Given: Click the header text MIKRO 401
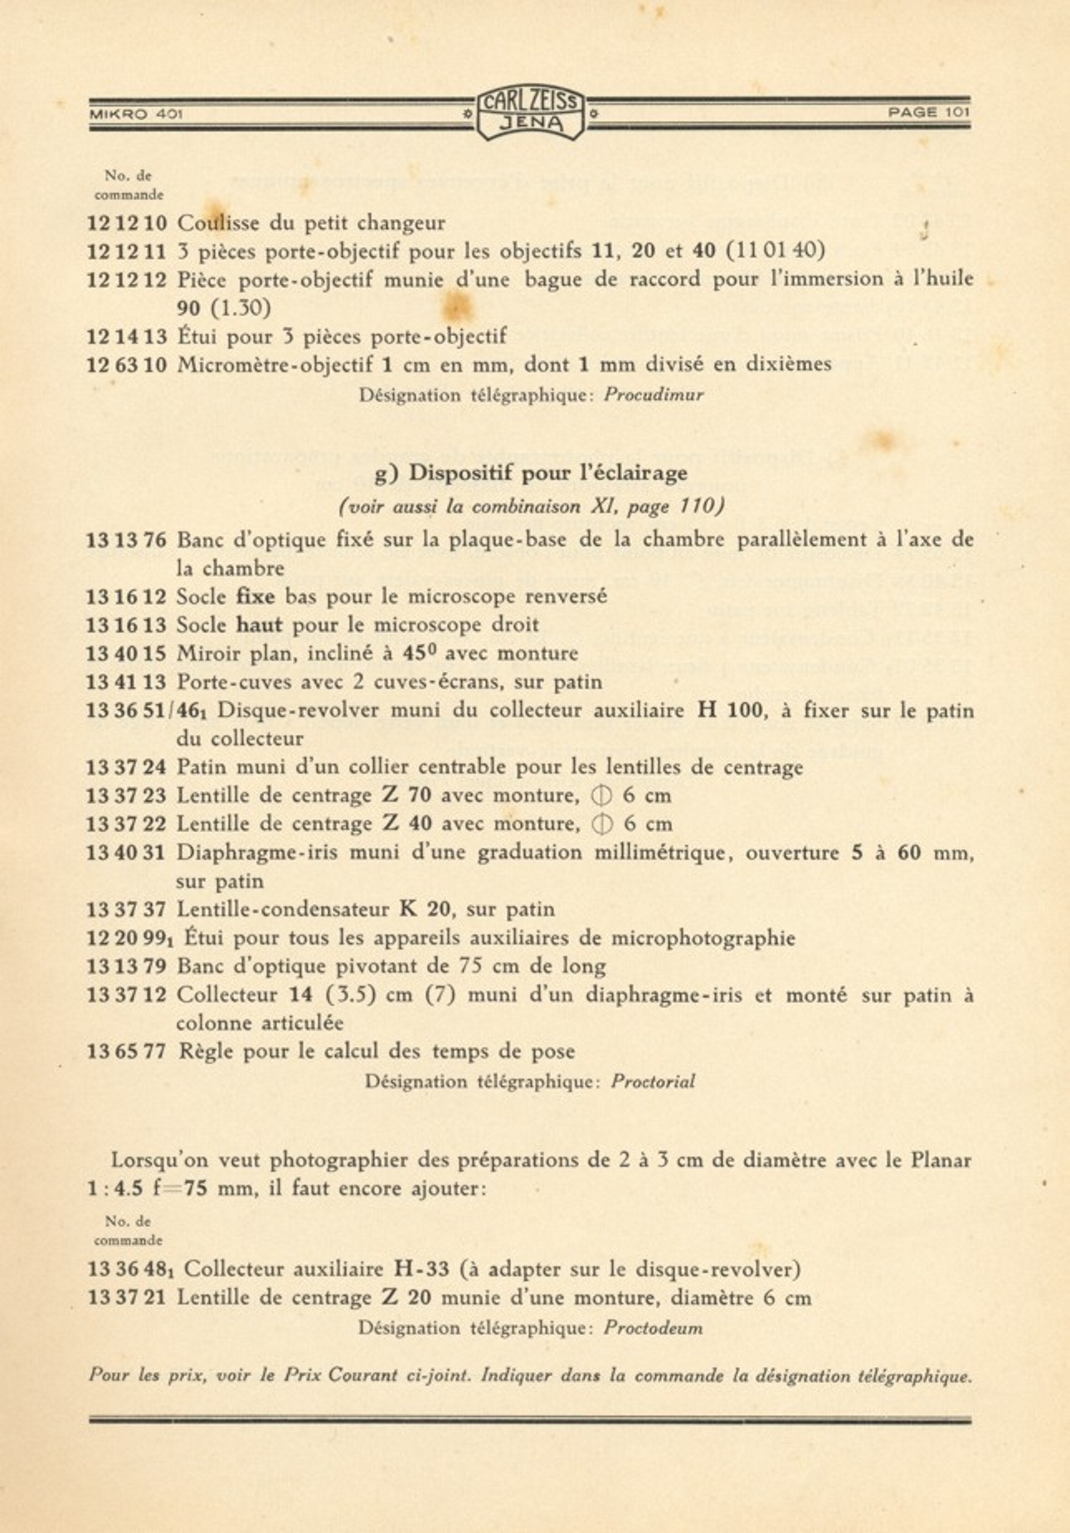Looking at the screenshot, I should [136, 114].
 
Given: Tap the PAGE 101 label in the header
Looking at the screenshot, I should [928, 112].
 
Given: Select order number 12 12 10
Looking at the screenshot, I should [127, 224].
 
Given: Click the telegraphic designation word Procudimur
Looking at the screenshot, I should [654, 396].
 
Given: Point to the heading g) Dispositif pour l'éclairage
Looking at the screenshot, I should [531, 474].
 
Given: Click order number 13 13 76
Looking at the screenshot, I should [127, 540].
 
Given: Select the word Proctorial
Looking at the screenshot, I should [653, 1083].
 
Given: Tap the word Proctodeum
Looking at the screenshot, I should [653, 1328].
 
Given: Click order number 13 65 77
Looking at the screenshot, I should [127, 1052].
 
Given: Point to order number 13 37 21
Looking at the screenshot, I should [127, 1298].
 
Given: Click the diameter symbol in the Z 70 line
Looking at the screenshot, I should [601, 796].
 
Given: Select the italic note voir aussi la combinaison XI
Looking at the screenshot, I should [531, 507].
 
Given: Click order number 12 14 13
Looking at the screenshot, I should [127, 337].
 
